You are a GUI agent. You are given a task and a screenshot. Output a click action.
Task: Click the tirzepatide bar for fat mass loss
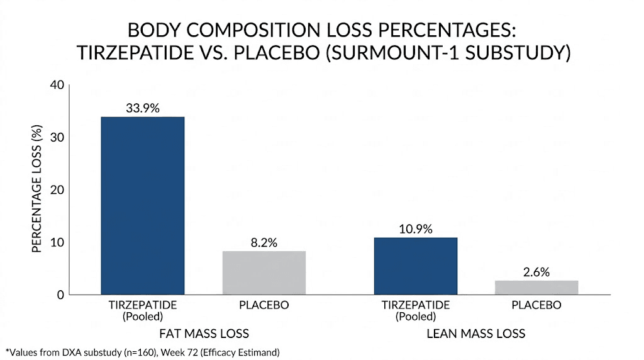pos(143,205)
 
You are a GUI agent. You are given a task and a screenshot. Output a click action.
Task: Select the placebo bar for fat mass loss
pos(264,273)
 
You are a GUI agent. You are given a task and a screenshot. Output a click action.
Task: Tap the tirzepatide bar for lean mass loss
pos(415,266)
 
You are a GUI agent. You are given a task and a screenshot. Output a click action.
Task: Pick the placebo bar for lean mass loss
pos(536,287)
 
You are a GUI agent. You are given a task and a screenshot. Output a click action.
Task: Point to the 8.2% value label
pos(264,242)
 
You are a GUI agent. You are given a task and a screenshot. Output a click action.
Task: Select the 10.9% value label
pos(415,228)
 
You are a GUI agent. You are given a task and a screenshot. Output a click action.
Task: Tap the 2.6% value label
pos(536,272)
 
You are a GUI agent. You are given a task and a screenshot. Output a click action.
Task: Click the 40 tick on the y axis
pos(56,85)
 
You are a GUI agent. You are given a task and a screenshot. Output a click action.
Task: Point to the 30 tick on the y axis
pos(56,137)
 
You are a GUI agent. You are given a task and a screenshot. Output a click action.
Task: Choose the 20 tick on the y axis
pos(56,189)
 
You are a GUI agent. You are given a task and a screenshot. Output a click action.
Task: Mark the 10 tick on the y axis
pos(56,242)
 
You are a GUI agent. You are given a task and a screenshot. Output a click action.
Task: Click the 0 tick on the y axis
pos(59,295)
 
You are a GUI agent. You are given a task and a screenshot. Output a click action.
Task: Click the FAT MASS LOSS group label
pos(203,333)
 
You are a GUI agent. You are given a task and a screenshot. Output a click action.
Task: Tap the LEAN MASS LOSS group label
pos(475,333)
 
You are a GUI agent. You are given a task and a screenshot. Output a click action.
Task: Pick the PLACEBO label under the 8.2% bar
pos(264,305)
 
